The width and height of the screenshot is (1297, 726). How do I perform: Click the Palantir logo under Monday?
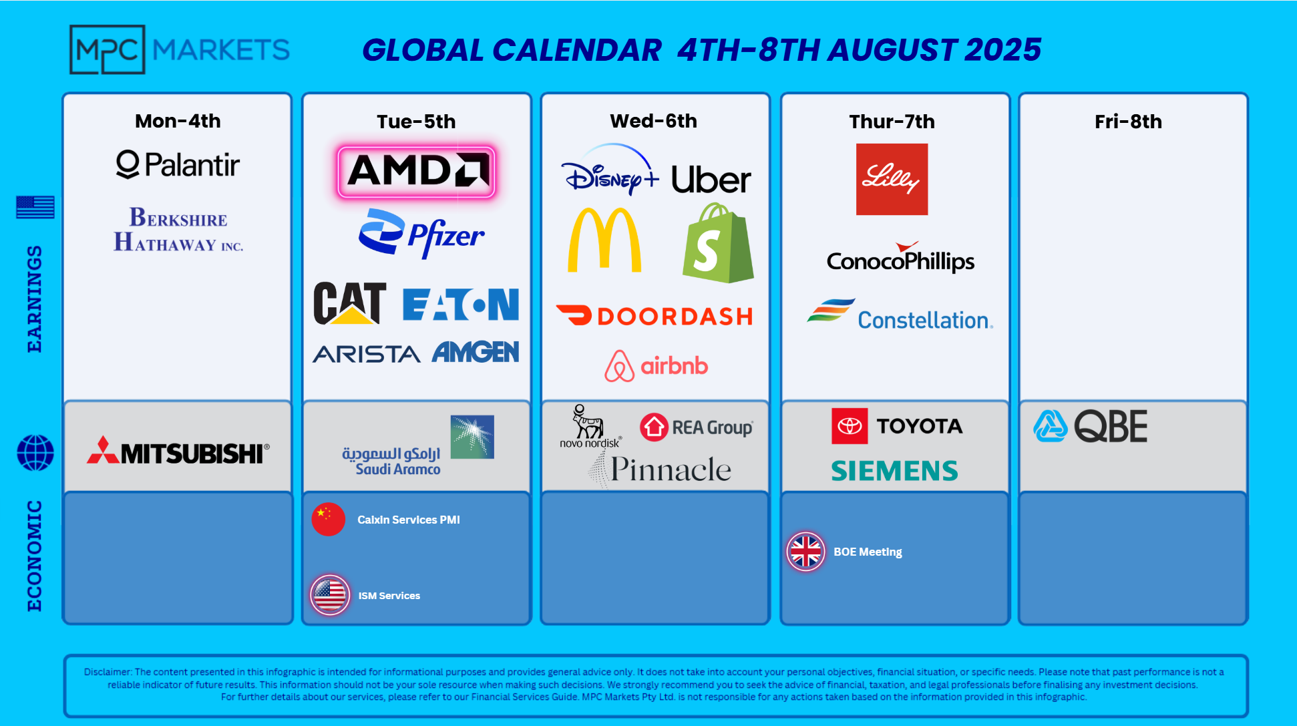tap(178, 165)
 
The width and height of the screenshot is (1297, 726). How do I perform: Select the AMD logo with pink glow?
tap(416, 172)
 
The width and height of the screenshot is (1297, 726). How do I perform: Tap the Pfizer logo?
tap(421, 233)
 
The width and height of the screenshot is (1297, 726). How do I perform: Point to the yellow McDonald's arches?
tap(604, 240)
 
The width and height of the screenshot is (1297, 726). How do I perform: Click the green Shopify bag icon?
tap(718, 243)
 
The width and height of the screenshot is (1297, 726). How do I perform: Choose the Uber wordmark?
tap(711, 180)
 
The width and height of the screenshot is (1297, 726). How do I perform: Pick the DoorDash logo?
tap(655, 316)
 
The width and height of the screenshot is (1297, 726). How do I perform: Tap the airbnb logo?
tap(656, 366)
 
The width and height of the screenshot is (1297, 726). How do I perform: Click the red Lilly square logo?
tap(892, 179)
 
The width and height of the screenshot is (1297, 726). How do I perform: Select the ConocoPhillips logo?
tap(900, 258)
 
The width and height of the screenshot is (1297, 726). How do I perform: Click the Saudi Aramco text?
tap(398, 470)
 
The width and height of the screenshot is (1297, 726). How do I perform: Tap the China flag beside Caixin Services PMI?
tap(329, 519)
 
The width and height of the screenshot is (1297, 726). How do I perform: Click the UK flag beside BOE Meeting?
tap(806, 552)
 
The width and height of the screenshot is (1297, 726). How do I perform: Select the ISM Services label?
tap(389, 596)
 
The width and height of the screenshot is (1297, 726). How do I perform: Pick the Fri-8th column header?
tap(1128, 122)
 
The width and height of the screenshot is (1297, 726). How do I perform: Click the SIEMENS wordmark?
tap(894, 471)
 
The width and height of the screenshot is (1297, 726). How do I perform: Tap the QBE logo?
tap(1091, 426)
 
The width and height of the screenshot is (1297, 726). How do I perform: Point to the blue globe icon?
tap(35, 453)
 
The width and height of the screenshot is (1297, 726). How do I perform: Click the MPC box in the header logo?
tap(107, 49)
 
